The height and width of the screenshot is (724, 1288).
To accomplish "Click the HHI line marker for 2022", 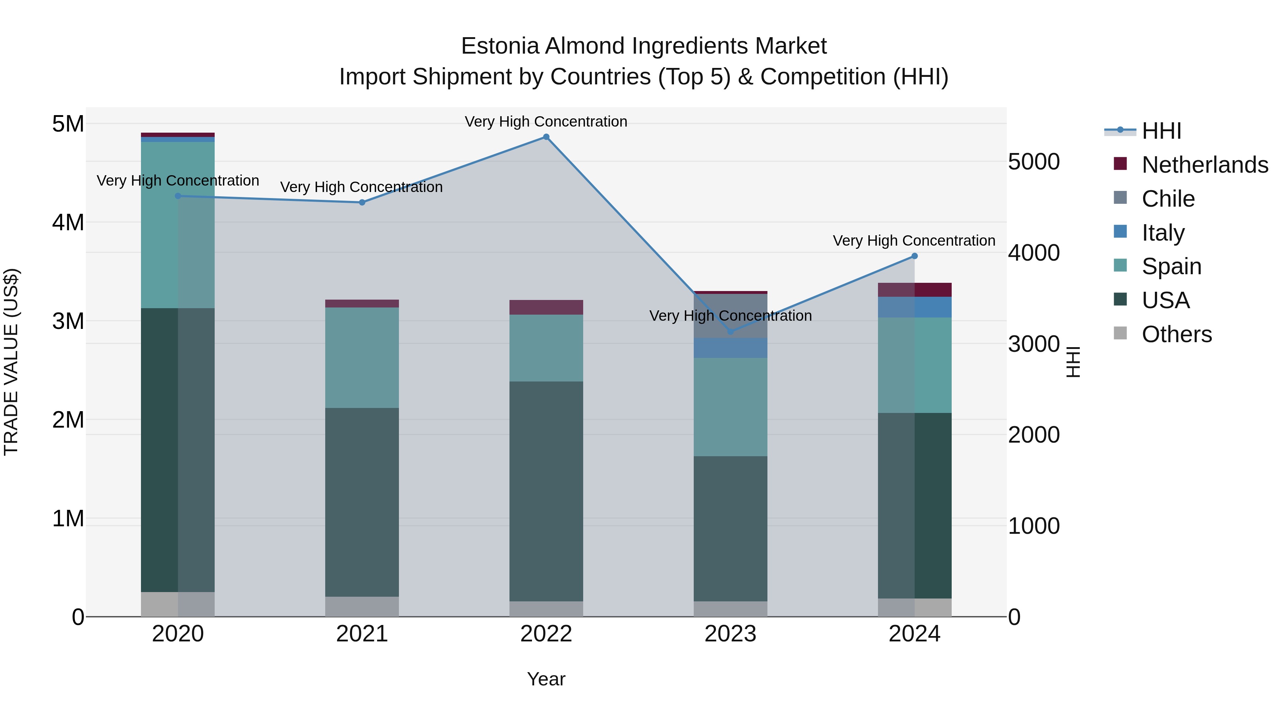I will pos(546,137).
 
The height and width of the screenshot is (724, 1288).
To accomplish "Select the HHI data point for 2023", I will pos(731,332).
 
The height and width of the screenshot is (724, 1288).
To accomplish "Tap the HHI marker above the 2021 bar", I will pos(362,202).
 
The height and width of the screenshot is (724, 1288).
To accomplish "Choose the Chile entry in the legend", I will pos(1168,199).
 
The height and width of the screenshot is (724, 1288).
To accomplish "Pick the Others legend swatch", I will pos(1121,333).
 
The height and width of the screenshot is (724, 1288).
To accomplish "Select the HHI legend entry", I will pos(1161,131).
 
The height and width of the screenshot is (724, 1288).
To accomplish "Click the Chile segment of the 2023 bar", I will pos(731,316).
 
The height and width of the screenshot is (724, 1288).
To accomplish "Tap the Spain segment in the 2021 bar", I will pos(362,358).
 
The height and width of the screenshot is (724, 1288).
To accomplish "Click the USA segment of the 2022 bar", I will pos(546,491).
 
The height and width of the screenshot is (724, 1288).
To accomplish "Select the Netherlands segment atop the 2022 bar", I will pos(546,307).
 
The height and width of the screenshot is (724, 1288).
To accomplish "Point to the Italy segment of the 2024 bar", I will pos(914,307).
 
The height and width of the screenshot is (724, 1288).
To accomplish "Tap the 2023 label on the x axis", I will pos(731,634).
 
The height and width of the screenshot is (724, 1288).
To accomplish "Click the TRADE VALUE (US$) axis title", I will pos(11,362).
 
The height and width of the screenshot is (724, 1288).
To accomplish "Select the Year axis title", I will pos(546,679).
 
